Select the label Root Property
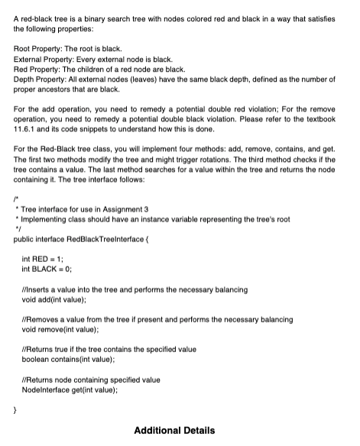[x=37, y=49]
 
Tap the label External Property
[x=44, y=59]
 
